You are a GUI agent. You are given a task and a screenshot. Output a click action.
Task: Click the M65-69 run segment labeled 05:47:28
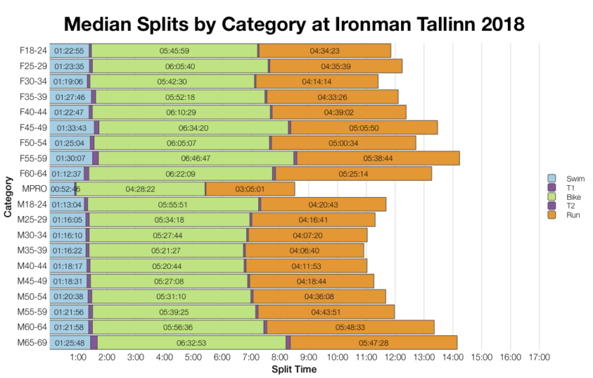tap(373, 342)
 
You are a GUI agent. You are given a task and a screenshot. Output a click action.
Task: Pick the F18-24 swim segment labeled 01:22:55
tap(69, 51)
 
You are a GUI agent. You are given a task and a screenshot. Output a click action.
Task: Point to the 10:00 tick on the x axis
tap(338, 358)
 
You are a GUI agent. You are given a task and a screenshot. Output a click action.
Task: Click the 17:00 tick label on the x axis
tap(539, 358)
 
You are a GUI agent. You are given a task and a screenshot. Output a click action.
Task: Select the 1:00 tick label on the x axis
tap(78, 358)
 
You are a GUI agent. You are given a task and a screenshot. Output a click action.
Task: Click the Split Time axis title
tap(294, 369)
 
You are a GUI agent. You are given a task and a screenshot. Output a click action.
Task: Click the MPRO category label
tap(34, 189)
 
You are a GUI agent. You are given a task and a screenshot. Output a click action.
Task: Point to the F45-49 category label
tap(32, 127)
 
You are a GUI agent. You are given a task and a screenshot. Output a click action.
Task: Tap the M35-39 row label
tap(31, 250)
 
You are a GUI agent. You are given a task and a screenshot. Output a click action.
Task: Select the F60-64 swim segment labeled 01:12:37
tap(67, 173)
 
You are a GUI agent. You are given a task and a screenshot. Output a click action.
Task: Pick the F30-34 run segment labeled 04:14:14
tap(317, 82)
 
